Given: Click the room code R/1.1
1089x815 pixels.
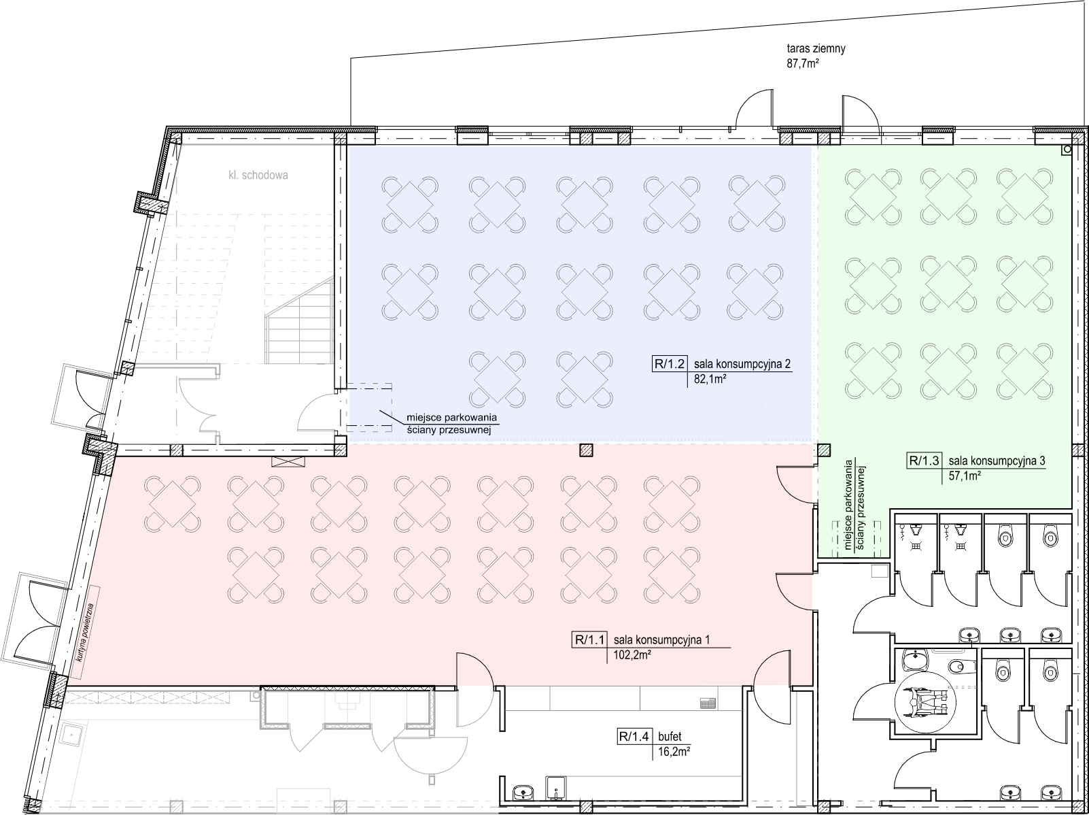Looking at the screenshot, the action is point(589,639).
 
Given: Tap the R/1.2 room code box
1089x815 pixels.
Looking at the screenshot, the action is point(670,364).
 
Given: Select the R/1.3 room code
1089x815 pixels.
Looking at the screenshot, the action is point(924,461).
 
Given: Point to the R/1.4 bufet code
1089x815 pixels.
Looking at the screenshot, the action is point(634,737).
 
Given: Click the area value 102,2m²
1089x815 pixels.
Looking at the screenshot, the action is point(632,655).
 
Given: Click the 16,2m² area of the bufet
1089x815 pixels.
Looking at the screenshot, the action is point(674,752).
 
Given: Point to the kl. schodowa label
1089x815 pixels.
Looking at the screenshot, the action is point(258,176).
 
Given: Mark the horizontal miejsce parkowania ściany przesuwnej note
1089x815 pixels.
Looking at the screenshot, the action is point(451,424).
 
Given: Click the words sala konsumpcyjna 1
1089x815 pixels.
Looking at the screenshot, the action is point(662,639).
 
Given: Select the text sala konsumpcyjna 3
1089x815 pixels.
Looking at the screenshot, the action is point(997,461).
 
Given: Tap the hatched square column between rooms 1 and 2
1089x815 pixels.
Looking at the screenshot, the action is point(586,450).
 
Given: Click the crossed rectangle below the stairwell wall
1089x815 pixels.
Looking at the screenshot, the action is point(288,461).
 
